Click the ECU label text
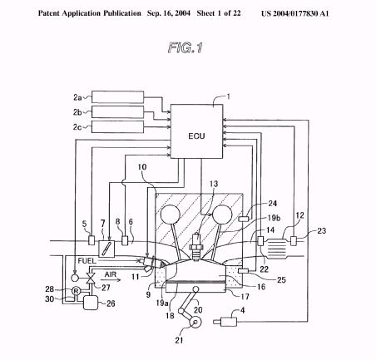(x=196, y=136)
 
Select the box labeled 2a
(x=118, y=96)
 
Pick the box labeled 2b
(x=118, y=111)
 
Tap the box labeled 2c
(x=118, y=126)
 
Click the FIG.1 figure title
(x=186, y=47)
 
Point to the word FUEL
(x=87, y=261)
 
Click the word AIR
(x=111, y=274)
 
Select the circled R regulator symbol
(x=76, y=291)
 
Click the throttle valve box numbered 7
(x=106, y=249)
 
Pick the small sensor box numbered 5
(x=92, y=240)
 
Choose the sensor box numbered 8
(x=125, y=240)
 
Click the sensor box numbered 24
(x=244, y=219)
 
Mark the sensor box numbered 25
(x=244, y=271)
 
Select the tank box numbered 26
(x=91, y=303)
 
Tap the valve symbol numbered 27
(x=91, y=278)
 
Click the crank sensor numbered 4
(x=225, y=322)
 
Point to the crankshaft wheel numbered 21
(x=195, y=322)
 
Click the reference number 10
(x=142, y=167)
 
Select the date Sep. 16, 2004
(x=169, y=13)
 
